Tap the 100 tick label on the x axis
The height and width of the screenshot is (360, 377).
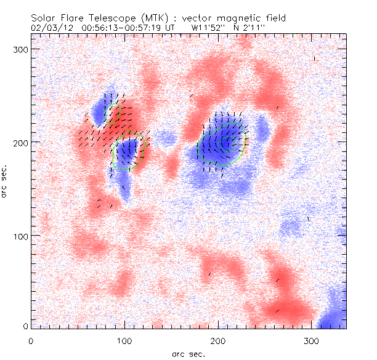tap(124, 340)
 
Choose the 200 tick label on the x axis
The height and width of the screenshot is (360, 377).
tap(218, 340)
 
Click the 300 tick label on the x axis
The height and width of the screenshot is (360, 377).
tap(312, 340)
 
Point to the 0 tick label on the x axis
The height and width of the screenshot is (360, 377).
tap(31, 340)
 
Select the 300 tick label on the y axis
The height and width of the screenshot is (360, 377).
tap(18, 49)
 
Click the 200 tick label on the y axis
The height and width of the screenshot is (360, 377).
tap(18, 142)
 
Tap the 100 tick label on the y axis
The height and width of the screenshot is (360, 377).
tap(18, 236)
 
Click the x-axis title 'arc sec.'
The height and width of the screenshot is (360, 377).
tap(188, 353)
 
